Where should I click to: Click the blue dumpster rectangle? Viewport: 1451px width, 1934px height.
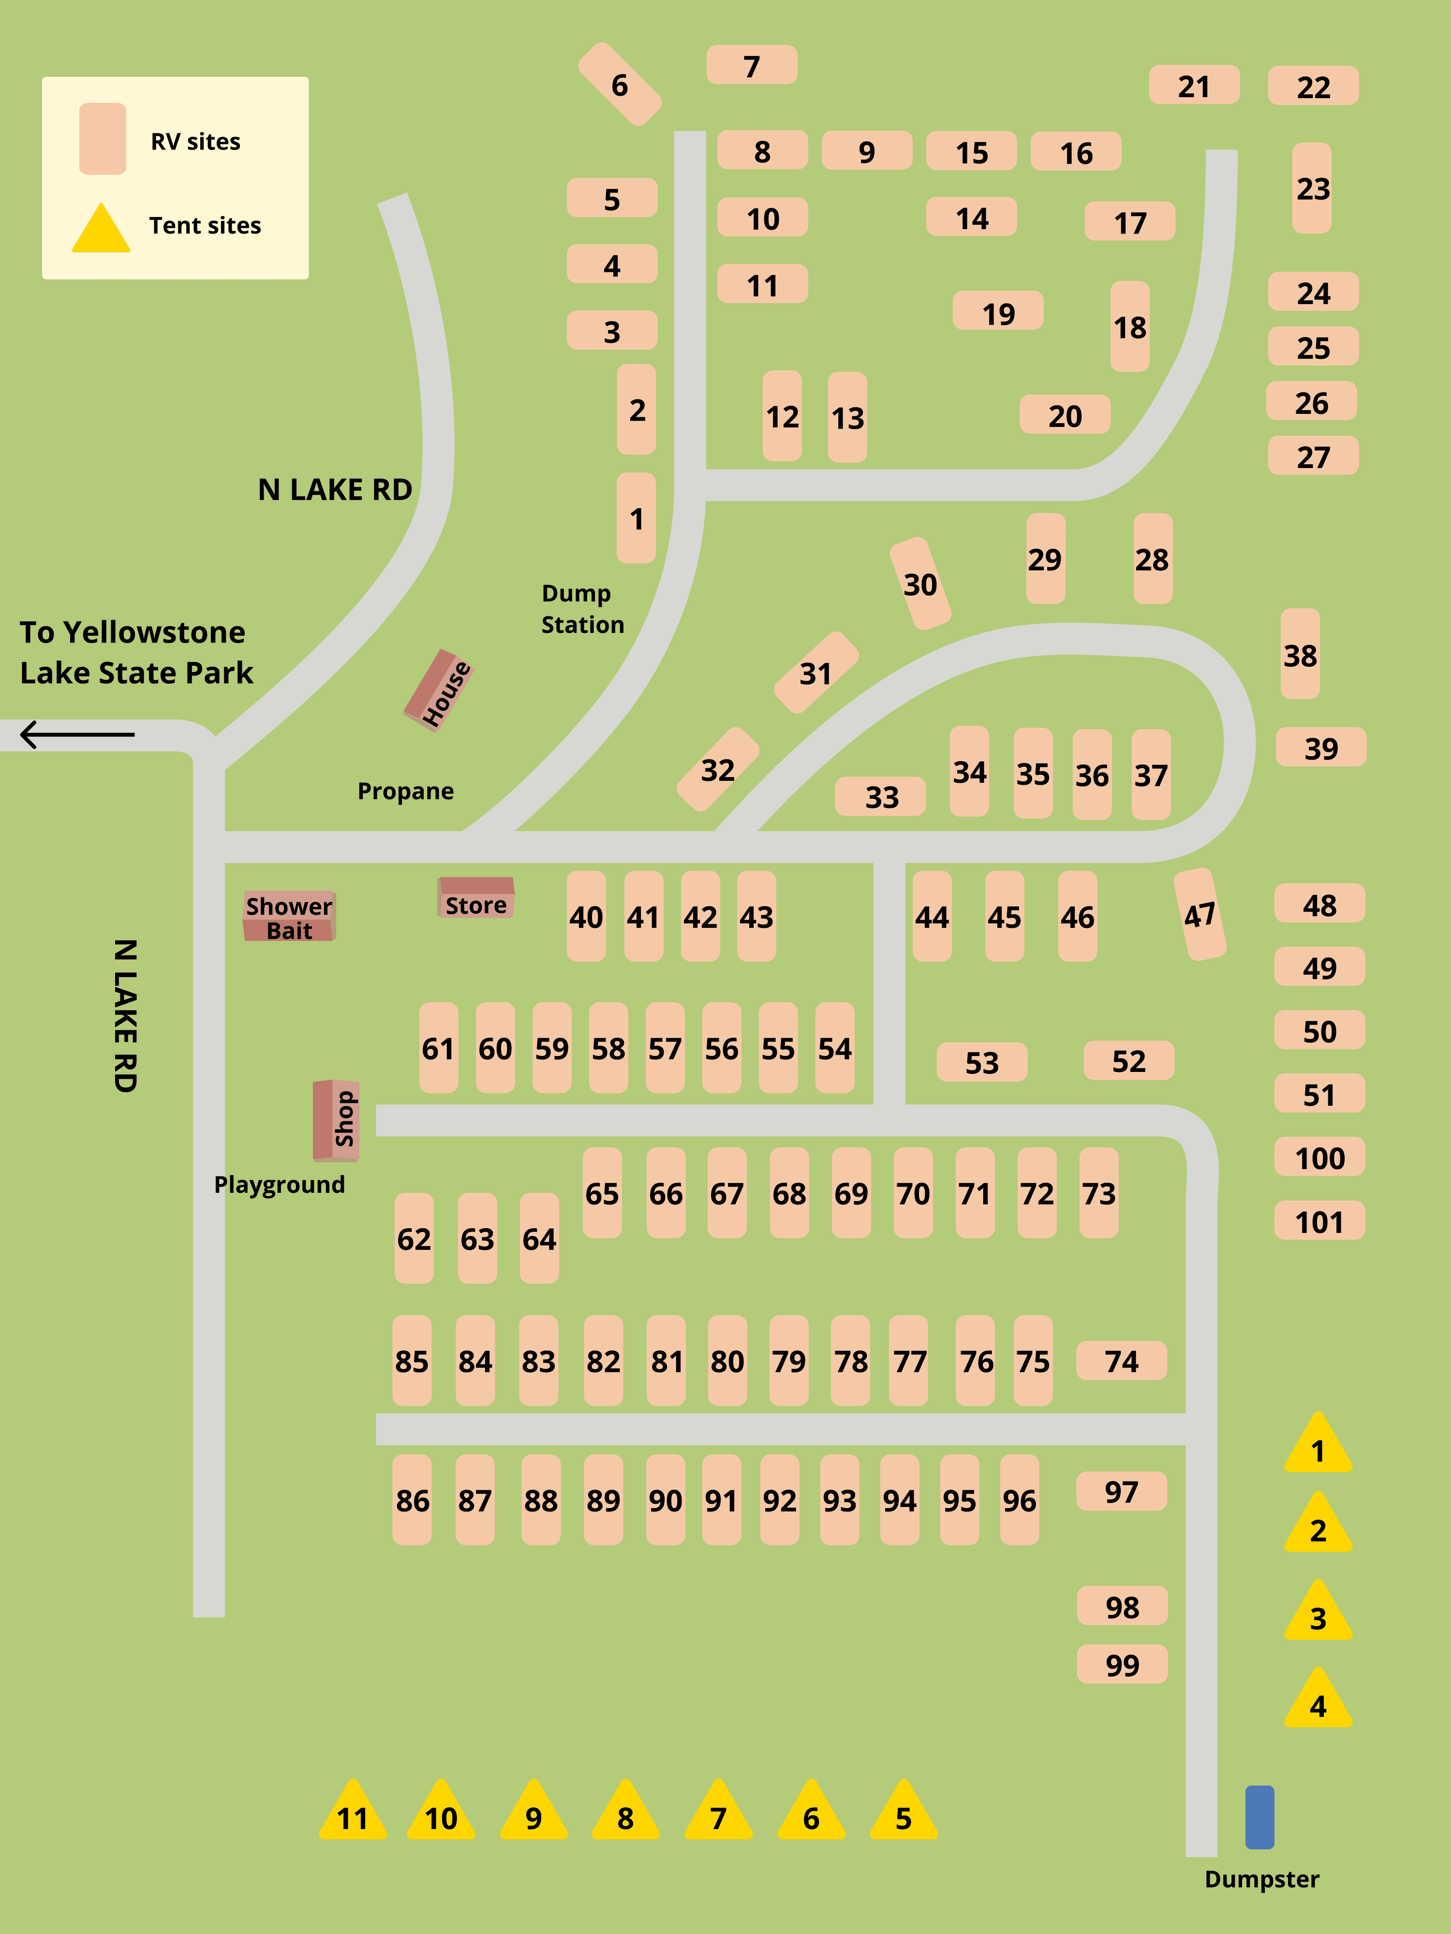(x=1259, y=1817)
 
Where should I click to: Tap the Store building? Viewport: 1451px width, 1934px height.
(x=476, y=898)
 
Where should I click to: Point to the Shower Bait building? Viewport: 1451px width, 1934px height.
(x=289, y=916)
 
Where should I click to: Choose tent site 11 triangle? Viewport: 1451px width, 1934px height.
(x=353, y=1812)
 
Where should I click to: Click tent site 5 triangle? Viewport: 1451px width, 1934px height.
(x=903, y=1812)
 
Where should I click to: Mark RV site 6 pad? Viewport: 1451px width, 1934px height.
(x=619, y=84)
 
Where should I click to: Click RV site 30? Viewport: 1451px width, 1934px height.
(x=920, y=583)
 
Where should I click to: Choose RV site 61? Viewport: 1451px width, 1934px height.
(x=438, y=1047)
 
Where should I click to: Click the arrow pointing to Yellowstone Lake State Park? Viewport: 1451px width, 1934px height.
(x=77, y=734)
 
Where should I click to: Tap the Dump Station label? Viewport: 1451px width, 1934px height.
(x=582, y=609)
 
